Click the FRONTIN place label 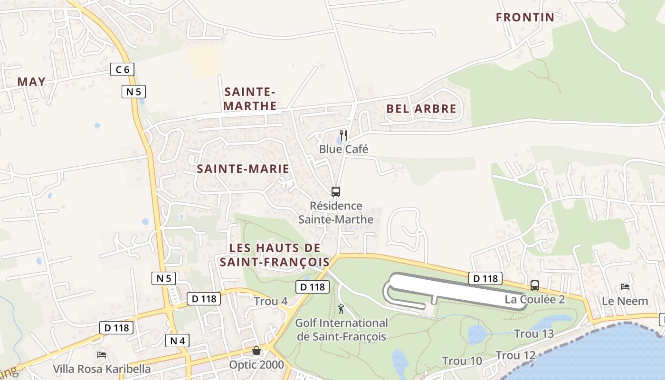(x=525, y=18)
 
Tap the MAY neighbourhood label (x=31, y=82)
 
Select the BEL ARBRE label (x=421, y=109)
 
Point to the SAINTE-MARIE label (x=243, y=169)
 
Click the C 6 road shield (x=122, y=70)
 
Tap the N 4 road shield (x=177, y=340)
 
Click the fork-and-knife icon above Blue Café (x=343, y=135)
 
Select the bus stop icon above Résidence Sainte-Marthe (x=336, y=192)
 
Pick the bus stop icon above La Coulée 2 (x=535, y=285)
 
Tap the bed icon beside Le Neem (x=625, y=287)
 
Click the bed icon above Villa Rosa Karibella (x=101, y=354)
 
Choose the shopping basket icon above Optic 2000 (x=256, y=351)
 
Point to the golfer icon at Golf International (x=341, y=309)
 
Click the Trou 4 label (x=270, y=301)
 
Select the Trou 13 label (x=534, y=334)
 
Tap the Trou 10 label (x=462, y=361)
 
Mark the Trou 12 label (x=515, y=355)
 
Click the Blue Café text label (x=343, y=149)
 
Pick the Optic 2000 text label (x=256, y=365)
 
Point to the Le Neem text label (x=625, y=301)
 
